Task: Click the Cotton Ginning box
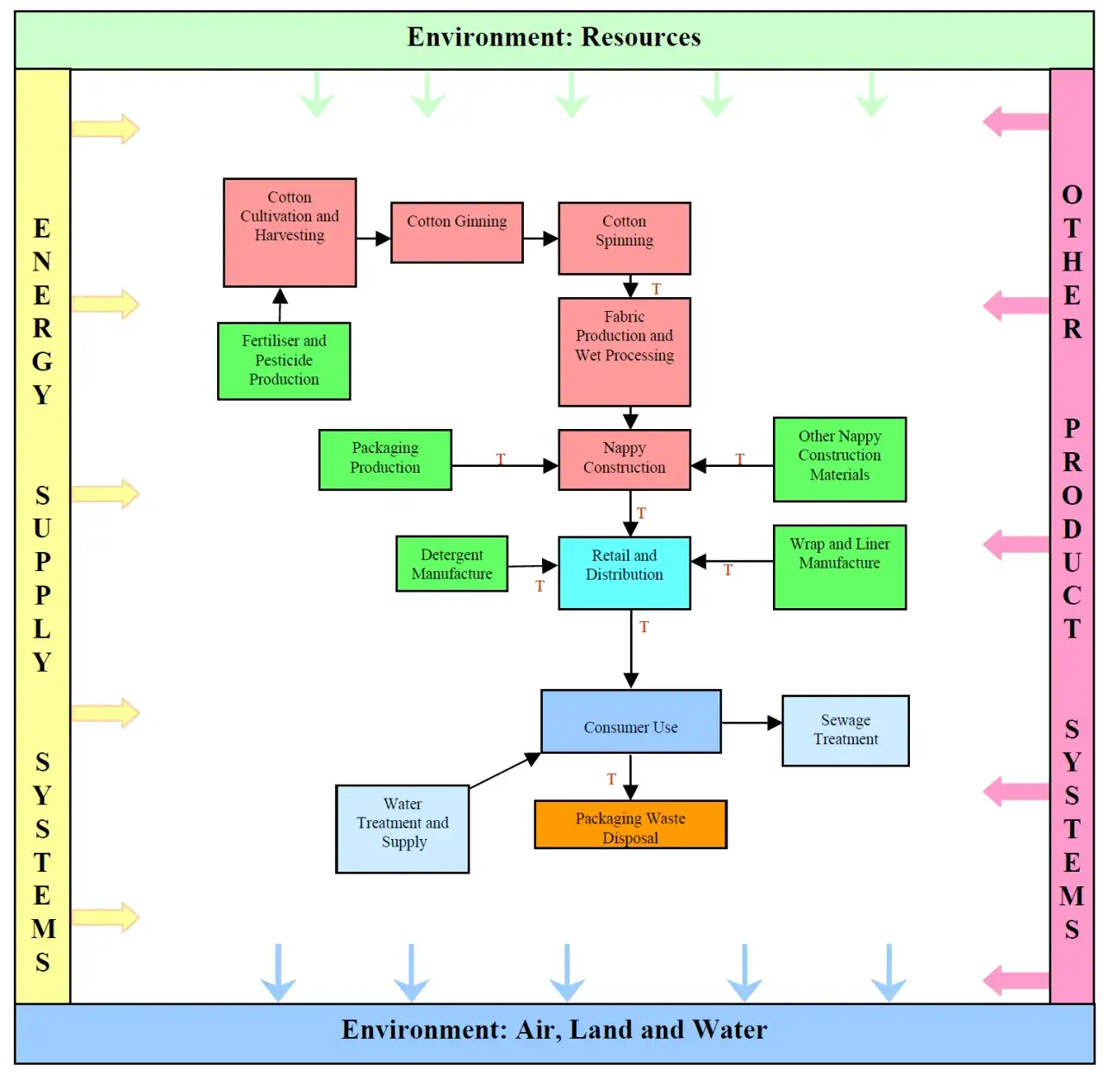click(457, 232)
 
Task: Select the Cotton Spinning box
click(624, 238)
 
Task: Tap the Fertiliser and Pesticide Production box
click(284, 361)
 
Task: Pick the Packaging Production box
click(384, 459)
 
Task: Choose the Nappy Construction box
click(624, 459)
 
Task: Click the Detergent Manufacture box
click(452, 564)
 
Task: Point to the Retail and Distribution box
click(624, 573)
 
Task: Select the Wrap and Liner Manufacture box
click(839, 567)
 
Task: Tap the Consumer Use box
click(631, 722)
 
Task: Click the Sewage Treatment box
click(845, 730)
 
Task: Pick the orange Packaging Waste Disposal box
click(631, 824)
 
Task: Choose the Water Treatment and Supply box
click(402, 829)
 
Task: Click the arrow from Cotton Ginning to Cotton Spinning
click(540, 239)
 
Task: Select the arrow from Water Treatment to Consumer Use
click(505, 770)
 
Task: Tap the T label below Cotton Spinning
click(656, 289)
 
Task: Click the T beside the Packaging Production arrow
click(501, 459)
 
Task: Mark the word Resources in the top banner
click(641, 37)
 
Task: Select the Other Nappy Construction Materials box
click(839, 459)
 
